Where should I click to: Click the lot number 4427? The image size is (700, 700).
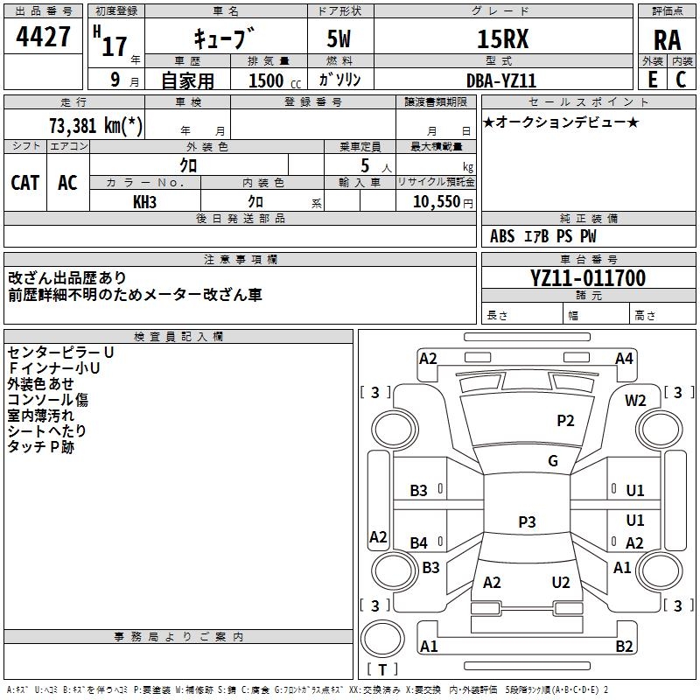(x=43, y=37)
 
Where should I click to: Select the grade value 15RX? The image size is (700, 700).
(x=502, y=38)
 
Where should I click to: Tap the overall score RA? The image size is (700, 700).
(x=667, y=40)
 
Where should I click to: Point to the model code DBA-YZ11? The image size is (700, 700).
(x=500, y=80)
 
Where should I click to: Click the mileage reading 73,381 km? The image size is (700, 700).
(x=95, y=126)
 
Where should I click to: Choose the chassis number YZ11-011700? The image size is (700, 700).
(x=588, y=278)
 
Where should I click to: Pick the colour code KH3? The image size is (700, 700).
(x=144, y=202)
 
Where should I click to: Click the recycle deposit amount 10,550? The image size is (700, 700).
(x=436, y=202)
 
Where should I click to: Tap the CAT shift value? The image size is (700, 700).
(x=25, y=183)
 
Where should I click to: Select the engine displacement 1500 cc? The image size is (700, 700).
(x=275, y=81)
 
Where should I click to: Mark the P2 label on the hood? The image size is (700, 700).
(x=565, y=421)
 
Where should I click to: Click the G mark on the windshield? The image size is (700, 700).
(x=553, y=461)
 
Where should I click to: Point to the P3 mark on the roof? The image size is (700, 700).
(x=527, y=521)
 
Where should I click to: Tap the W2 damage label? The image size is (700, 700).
(x=635, y=401)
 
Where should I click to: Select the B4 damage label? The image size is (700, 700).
(x=419, y=543)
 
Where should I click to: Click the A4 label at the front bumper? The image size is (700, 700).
(x=624, y=359)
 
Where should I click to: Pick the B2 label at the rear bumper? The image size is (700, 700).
(x=624, y=646)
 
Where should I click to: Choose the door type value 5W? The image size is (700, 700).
(x=339, y=38)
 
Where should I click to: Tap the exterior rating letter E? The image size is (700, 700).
(x=653, y=80)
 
